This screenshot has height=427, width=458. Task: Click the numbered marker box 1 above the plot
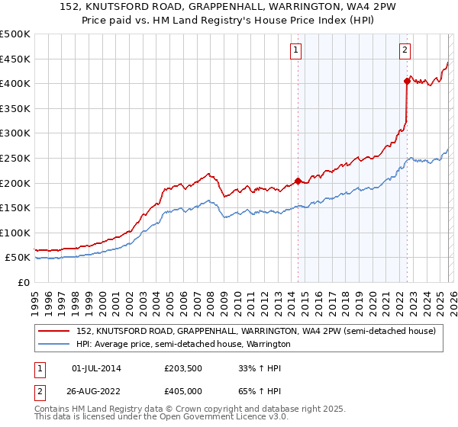click(x=295, y=51)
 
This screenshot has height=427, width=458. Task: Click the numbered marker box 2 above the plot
click(x=405, y=51)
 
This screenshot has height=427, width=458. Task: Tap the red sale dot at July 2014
click(x=297, y=181)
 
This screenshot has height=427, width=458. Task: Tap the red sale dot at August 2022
click(x=407, y=81)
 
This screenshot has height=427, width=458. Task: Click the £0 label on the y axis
click(x=24, y=282)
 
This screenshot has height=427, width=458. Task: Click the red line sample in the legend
click(x=55, y=332)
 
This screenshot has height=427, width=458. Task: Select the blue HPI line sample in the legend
click(x=55, y=345)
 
